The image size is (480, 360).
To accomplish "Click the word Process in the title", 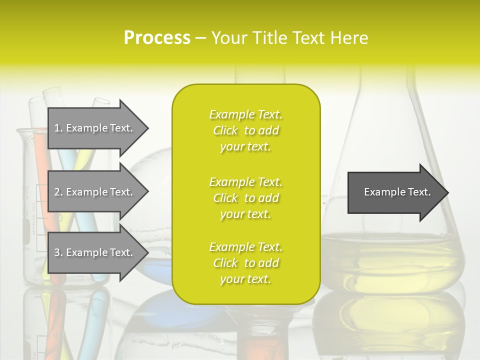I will pos(157,38).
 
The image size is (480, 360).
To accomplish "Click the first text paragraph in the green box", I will pos(245,130).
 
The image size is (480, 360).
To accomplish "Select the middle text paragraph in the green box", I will pos(245,198).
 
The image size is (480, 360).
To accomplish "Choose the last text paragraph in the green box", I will pos(245,263).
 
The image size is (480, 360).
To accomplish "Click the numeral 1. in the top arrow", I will pos(58,128).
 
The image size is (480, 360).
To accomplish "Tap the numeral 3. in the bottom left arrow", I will pos(58,252).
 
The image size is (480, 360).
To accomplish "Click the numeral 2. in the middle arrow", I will pos(58,192).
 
